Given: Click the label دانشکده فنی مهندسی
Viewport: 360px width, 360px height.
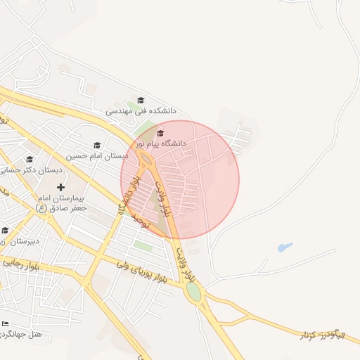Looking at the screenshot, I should click(141, 111).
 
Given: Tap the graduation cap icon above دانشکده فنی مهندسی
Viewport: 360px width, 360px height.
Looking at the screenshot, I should click(141, 101).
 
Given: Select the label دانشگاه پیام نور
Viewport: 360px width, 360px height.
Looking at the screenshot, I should click(164, 143).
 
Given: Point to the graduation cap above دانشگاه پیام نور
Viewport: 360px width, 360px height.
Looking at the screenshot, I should click(160, 133).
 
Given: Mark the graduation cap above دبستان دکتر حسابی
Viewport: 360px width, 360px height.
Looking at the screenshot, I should click(30, 160).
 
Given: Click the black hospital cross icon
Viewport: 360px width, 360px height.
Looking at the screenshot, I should click(61, 187).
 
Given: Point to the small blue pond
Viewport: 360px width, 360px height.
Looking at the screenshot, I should click(284, 247).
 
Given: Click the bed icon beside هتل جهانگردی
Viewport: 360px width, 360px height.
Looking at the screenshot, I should click(6, 323).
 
